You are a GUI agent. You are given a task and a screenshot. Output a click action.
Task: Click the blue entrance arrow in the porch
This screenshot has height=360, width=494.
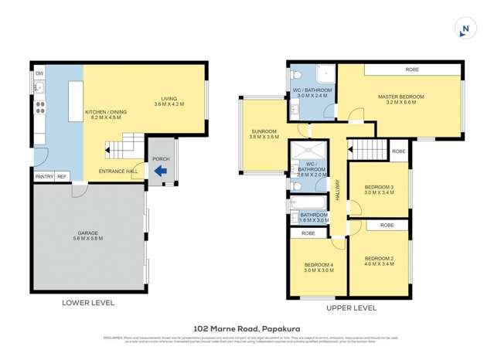pyautogui.click(x=160, y=172)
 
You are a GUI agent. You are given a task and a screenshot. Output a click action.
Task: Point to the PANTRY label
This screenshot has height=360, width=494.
pyautogui.click(x=44, y=177)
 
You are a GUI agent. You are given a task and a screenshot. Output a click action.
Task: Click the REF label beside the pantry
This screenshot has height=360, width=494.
pyautogui.click(x=62, y=177)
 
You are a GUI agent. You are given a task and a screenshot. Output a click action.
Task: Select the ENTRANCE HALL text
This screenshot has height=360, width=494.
pyautogui.click(x=117, y=172)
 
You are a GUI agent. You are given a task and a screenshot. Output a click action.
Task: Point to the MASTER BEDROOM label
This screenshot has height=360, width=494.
pyautogui.click(x=401, y=99)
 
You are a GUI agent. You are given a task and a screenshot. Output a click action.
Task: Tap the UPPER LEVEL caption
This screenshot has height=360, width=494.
pyautogui.click(x=353, y=306)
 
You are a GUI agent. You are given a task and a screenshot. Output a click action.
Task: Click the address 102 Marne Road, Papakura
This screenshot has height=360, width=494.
pyautogui.click(x=247, y=328)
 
